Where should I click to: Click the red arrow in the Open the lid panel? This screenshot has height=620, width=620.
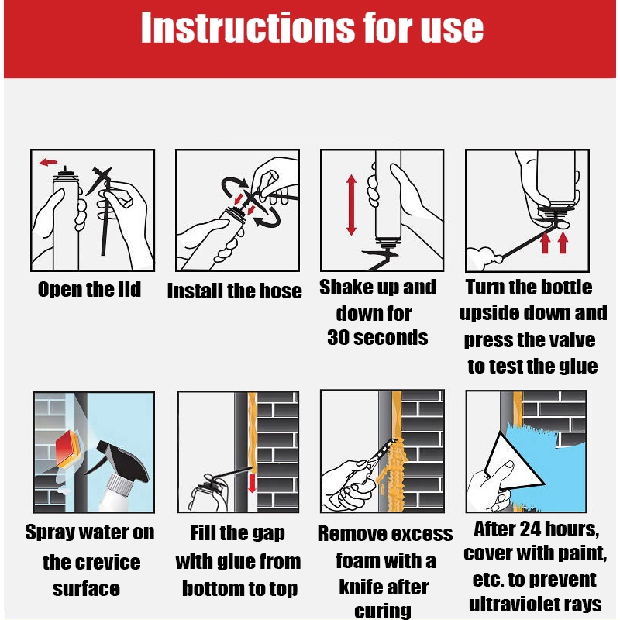point(48,162)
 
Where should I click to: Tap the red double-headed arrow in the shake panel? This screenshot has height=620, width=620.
point(351,205)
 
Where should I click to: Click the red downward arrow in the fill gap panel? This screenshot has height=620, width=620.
point(252,483)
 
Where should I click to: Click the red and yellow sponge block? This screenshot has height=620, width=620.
point(69,448)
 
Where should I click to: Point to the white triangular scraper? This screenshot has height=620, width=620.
point(514,462)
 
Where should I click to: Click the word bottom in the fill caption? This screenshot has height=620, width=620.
point(212,588)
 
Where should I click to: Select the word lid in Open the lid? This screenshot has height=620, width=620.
point(129,289)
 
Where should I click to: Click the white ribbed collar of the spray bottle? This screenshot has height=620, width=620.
point(121,484)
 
